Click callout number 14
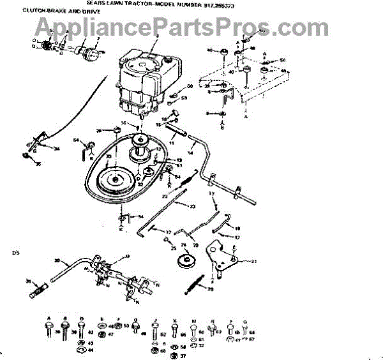pos(191,153)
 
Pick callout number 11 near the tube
pos(171,143)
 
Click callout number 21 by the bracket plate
pos(253,260)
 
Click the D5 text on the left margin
pos(16,253)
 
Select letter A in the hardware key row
pos(49,317)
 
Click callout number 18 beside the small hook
pos(237,228)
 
